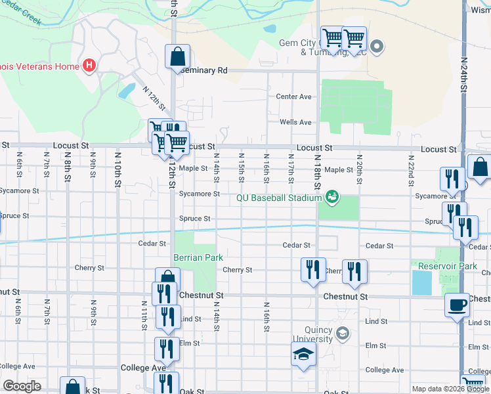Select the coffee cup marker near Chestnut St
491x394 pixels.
[458, 305]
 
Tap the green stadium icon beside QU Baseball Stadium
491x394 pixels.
[332, 197]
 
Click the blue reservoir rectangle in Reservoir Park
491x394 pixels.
[421, 282]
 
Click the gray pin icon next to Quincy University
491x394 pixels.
[342, 334]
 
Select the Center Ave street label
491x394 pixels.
[293, 97]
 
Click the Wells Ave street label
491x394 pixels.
[295, 122]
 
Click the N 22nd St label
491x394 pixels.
[410, 169]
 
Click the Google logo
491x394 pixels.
[22, 386]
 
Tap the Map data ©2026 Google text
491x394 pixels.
[450, 389]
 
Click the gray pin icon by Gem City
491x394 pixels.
[377, 46]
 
